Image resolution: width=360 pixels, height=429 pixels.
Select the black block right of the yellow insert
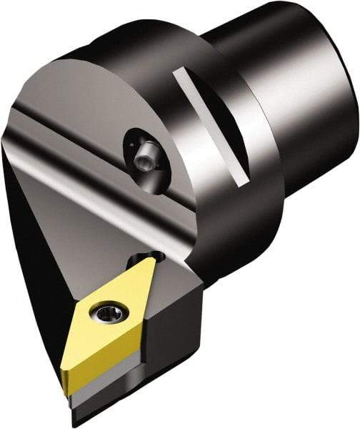[x=179, y=322]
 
